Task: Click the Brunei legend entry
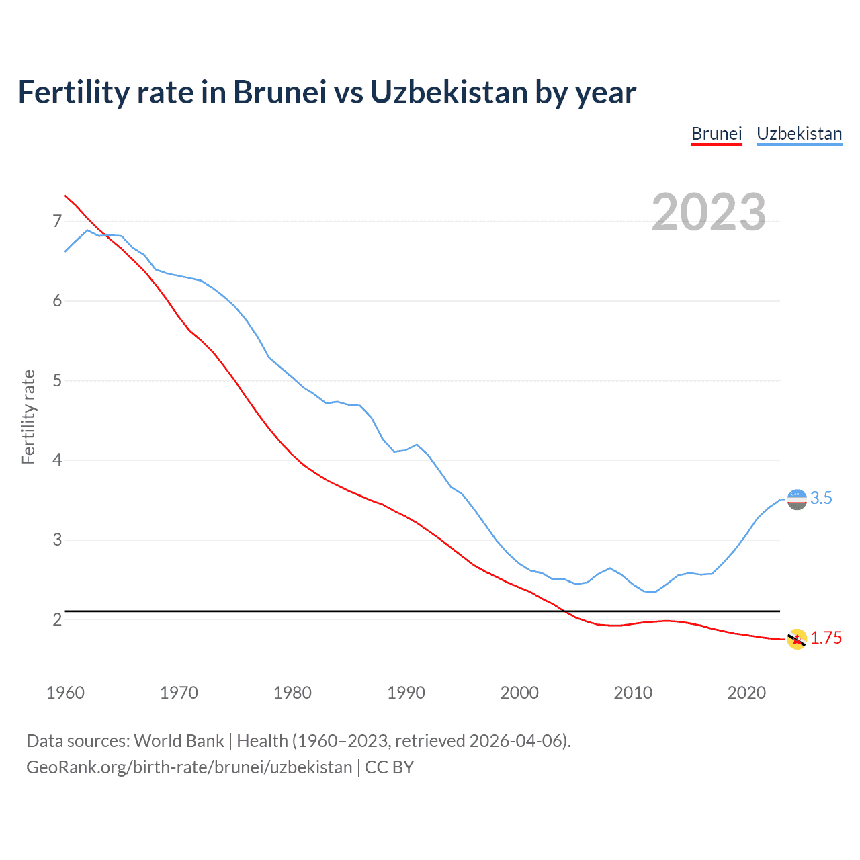[x=716, y=134]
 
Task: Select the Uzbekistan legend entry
[x=799, y=134]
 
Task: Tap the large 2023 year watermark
[x=709, y=212]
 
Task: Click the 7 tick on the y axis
[x=57, y=221]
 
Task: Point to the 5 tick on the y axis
[x=57, y=380]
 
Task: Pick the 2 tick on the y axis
[x=57, y=619]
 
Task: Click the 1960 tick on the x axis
[x=65, y=693]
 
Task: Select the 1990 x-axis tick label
[x=406, y=693]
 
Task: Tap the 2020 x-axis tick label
[x=746, y=693]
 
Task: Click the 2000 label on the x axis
[x=519, y=693]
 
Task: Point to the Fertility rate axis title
[x=28, y=417]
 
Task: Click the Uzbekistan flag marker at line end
[x=796, y=499]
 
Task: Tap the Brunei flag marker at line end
[x=796, y=639]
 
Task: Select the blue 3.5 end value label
[x=821, y=499]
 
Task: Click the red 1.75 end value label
[x=826, y=638]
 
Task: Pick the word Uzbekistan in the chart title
[x=449, y=93]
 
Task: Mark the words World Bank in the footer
[x=179, y=741]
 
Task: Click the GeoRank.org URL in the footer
[x=189, y=767]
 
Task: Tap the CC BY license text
[x=389, y=767]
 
